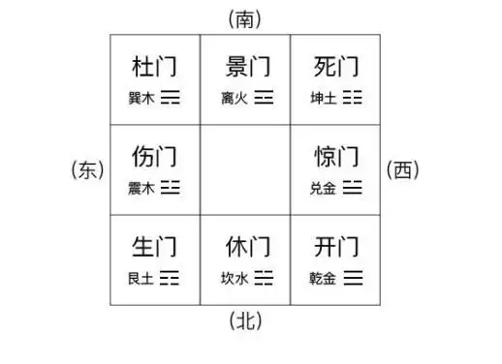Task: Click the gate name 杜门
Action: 154,68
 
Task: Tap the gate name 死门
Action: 337,68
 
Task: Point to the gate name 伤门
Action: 154,157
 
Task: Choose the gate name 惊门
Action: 337,157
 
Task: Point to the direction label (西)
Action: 403,171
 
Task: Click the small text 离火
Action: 234,98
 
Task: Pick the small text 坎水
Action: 234,279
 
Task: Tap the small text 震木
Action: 141,188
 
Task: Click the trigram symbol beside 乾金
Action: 354,279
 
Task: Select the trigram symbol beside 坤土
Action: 354,98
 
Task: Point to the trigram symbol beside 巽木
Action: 171,98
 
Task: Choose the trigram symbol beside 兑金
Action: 354,188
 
